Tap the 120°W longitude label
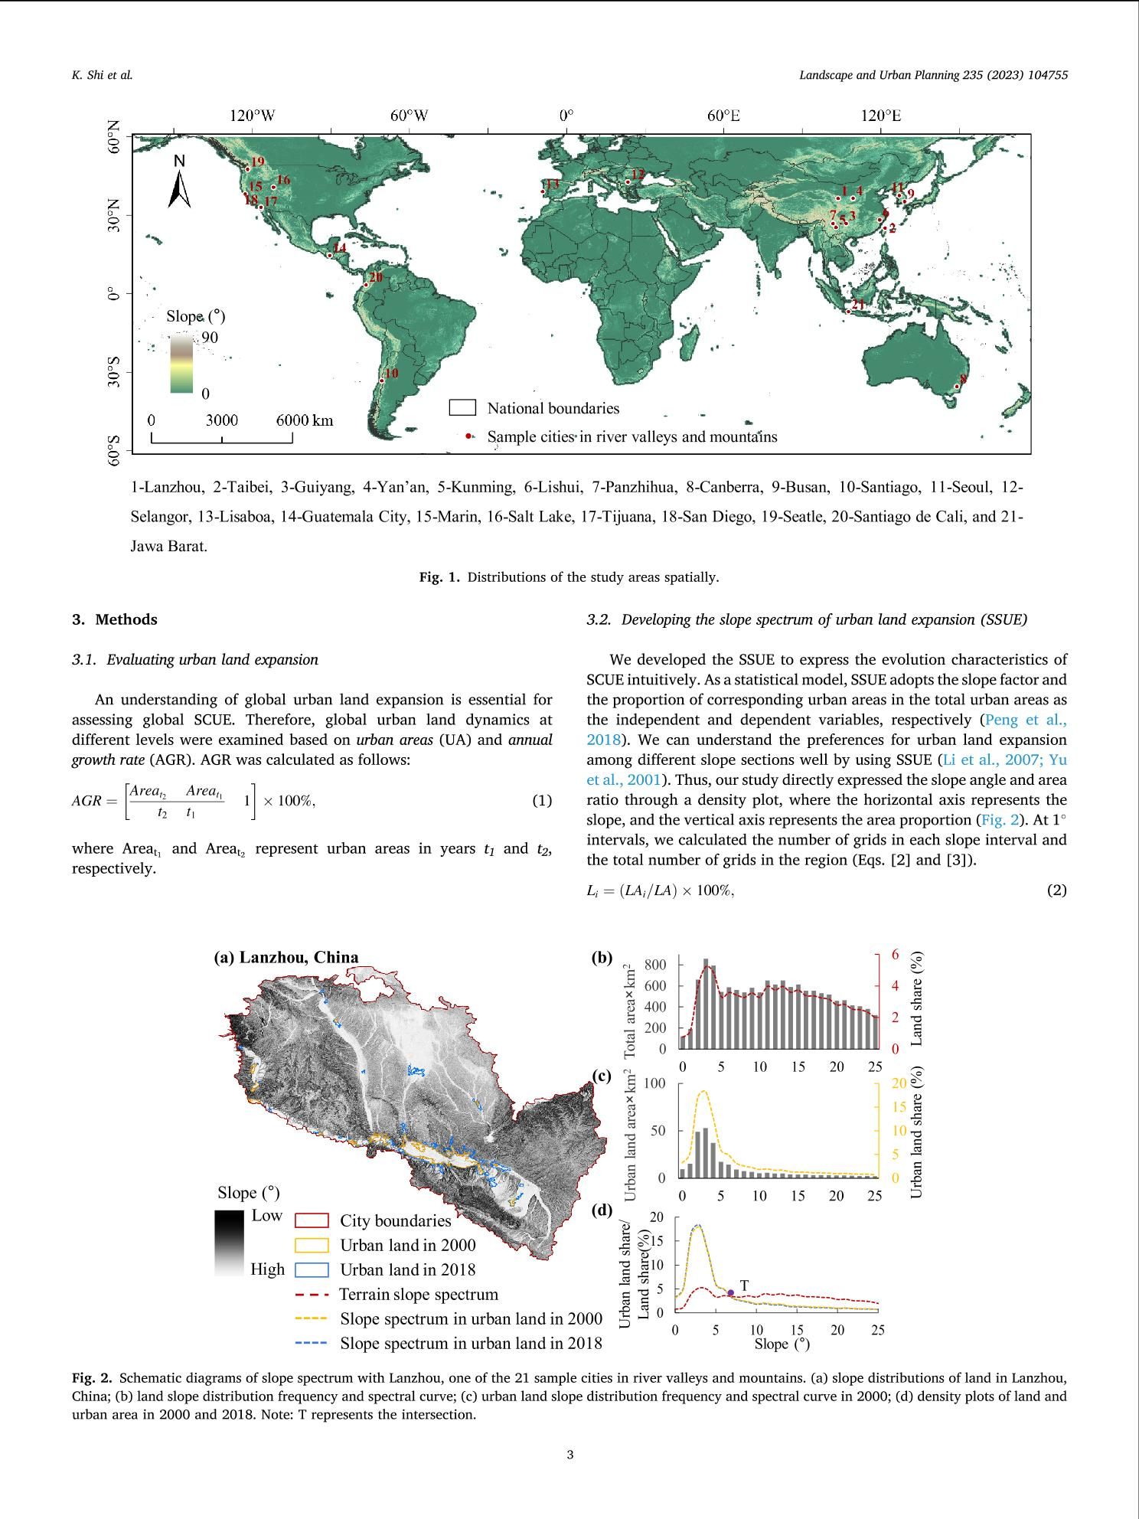[x=252, y=116]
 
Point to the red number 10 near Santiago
[x=391, y=374]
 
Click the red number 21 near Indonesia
[x=858, y=305]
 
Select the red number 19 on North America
[x=257, y=162]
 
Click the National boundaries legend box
[x=462, y=407]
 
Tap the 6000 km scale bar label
[x=305, y=420]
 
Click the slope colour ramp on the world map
[x=181, y=363]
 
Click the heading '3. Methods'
[x=115, y=619]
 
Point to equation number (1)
[x=542, y=801]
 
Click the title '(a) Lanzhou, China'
[x=286, y=957]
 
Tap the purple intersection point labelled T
[x=730, y=1293]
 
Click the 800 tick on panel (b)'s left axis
[x=656, y=964]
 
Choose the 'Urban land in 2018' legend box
[x=312, y=1269]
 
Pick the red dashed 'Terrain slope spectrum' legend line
[x=312, y=1295]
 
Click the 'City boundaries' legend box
[x=312, y=1220]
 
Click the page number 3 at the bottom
[x=569, y=1455]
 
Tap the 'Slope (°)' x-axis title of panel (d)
[x=782, y=1344]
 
